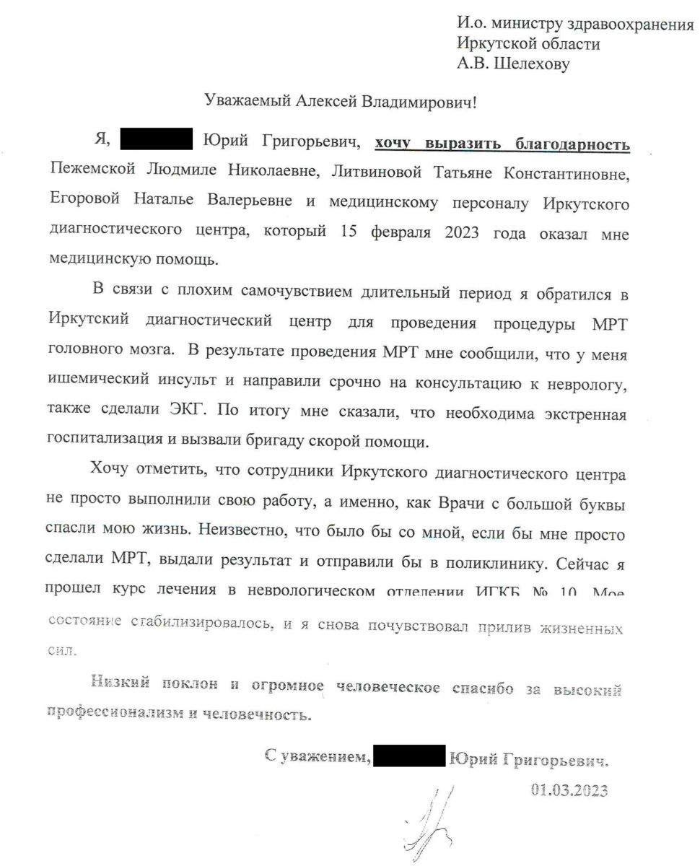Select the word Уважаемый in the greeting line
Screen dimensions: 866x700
245,101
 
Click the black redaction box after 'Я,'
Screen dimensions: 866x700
155,139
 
